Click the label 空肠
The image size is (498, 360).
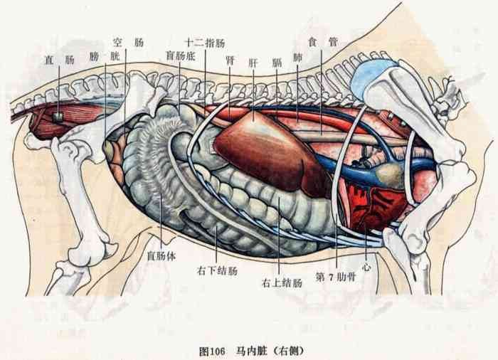pyautogui.click(x=128, y=42)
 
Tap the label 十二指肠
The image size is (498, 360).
pyautogui.click(x=205, y=43)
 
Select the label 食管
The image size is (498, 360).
pyautogui.click(x=322, y=42)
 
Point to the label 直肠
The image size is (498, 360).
pyautogui.click(x=59, y=60)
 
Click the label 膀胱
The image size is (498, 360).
pyautogui.click(x=105, y=57)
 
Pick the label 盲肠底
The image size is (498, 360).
pyautogui.click(x=180, y=56)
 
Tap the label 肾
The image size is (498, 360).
pyautogui.click(x=230, y=60)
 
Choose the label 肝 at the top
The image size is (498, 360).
pyautogui.click(x=253, y=63)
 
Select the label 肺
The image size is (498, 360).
pyautogui.click(x=297, y=58)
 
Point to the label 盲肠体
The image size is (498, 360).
pyautogui.click(x=161, y=255)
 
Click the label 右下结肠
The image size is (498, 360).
pyautogui.click(x=217, y=271)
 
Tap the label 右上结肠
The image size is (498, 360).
pyautogui.click(x=282, y=282)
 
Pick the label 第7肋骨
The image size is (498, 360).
pyautogui.click(x=335, y=277)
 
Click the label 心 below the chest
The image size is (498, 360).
pyautogui.click(x=366, y=267)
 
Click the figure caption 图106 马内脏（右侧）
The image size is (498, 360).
pyautogui.click(x=251, y=351)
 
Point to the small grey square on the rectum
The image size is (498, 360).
pyautogui.click(x=58, y=117)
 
